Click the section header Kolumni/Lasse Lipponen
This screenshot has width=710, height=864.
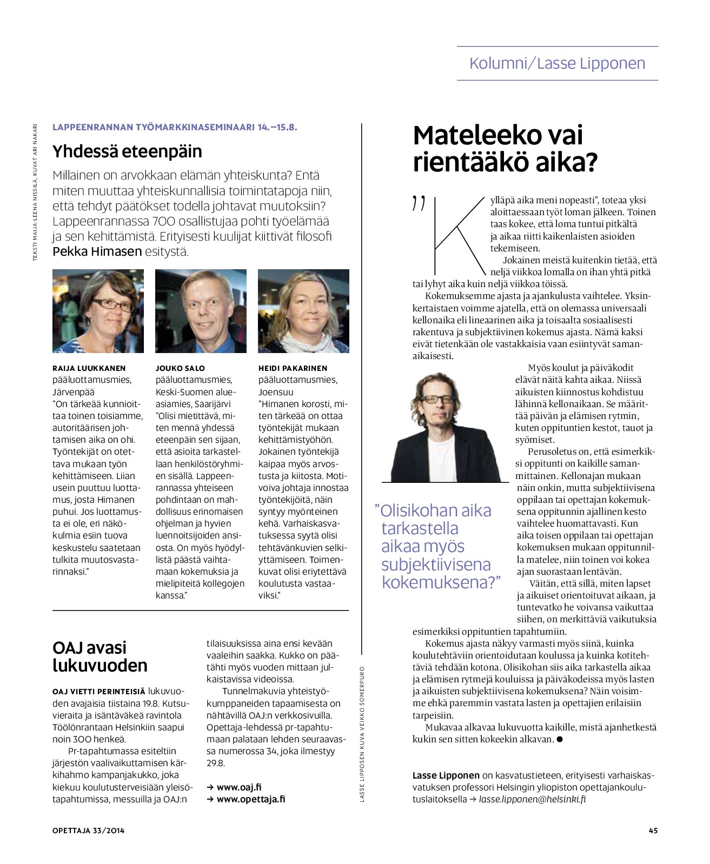(x=557, y=63)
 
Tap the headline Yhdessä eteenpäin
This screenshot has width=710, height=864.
(x=127, y=151)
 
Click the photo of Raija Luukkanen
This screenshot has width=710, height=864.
(x=98, y=311)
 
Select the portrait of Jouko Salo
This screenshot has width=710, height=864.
(x=201, y=311)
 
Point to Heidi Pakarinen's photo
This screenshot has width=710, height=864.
(x=303, y=311)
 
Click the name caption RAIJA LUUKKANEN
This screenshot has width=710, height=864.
(x=89, y=368)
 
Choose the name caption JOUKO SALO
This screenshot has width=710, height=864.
(x=180, y=368)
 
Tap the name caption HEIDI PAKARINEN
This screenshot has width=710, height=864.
(x=293, y=368)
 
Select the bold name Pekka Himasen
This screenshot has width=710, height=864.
(x=97, y=251)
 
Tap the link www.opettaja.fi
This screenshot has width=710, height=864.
(x=250, y=799)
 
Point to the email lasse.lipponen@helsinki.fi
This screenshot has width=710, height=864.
(x=533, y=799)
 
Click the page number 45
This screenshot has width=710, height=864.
(x=653, y=830)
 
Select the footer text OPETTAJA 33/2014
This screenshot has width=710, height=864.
(x=88, y=830)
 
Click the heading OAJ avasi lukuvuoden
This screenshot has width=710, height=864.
(x=99, y=656)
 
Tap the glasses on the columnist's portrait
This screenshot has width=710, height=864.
(x=439, y=399)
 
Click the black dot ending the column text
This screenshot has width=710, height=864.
(x=560, y=739)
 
